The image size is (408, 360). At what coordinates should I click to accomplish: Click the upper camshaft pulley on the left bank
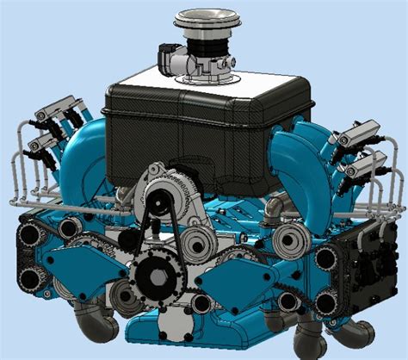pos(32,233)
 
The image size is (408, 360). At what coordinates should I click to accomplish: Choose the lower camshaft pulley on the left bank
pos(32,277)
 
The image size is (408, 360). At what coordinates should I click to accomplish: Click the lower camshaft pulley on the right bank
pos(326,302)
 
